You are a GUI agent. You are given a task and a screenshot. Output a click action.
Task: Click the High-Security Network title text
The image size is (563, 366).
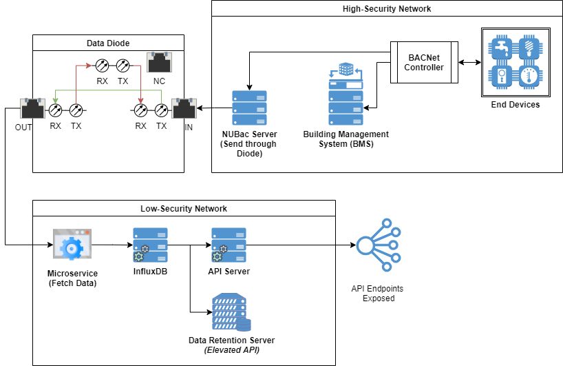[387, 8]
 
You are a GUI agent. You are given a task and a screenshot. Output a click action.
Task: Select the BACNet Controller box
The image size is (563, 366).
[424, 63]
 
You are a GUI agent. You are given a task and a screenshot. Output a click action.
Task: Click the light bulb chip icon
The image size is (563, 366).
[531, 48]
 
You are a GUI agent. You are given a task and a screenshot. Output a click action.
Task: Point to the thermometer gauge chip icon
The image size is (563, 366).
[531, 77]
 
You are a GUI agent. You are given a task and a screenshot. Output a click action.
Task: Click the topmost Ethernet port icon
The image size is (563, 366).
[160, 62]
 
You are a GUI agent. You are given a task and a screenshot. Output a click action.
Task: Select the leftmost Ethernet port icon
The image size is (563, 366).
[32, 108]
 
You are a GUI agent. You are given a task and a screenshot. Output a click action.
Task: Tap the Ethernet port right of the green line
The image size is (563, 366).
[184, 108]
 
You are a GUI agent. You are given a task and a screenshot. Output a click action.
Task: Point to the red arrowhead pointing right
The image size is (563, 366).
[89, 65]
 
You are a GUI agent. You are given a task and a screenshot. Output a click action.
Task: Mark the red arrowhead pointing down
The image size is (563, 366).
[140, 101]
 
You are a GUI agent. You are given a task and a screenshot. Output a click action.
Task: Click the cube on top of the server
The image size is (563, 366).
[346, 69]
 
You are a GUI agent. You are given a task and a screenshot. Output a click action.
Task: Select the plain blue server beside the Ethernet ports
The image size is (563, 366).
[249, 108]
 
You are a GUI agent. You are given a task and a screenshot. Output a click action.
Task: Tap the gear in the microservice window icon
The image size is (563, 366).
[72, 248]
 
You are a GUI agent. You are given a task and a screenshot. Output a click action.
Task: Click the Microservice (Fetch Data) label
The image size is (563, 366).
[72, 278]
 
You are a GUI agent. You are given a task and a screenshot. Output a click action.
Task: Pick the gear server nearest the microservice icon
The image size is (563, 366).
[150, 245]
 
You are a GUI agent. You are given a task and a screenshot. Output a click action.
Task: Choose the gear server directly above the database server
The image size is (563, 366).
[229, 245]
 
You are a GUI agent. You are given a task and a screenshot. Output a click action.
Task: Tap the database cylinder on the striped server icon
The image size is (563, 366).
[244, 325]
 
